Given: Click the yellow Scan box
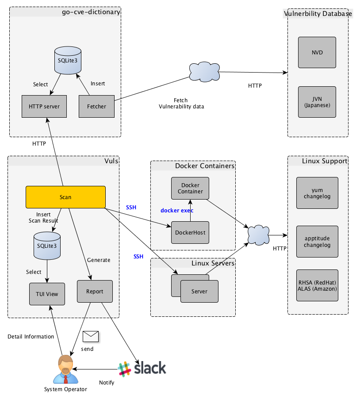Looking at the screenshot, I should tap(65, 197).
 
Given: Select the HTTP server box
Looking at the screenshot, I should tap(44, 106).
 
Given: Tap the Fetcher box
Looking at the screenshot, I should tap(96, 106).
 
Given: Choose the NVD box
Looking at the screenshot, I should tap(317, 52).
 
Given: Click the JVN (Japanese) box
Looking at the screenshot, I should tap(317, 102).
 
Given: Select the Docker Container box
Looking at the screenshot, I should tap(190, 188).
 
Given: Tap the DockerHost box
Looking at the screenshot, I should tap(190, 232).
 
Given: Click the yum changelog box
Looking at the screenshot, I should tap(317, 193).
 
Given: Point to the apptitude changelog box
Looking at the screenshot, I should tap(317, 242).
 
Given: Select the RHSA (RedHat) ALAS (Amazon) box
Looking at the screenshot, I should tap(317, 285).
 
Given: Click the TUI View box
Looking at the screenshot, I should tap(47, 294).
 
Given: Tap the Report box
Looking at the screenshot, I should tap(95, 291).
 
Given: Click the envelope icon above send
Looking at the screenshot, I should tap(90, 337).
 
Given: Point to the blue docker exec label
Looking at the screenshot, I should tap(176, 210).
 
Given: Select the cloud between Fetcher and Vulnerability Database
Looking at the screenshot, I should tap(204, 71).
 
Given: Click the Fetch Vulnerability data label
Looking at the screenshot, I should tap(181, 103).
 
